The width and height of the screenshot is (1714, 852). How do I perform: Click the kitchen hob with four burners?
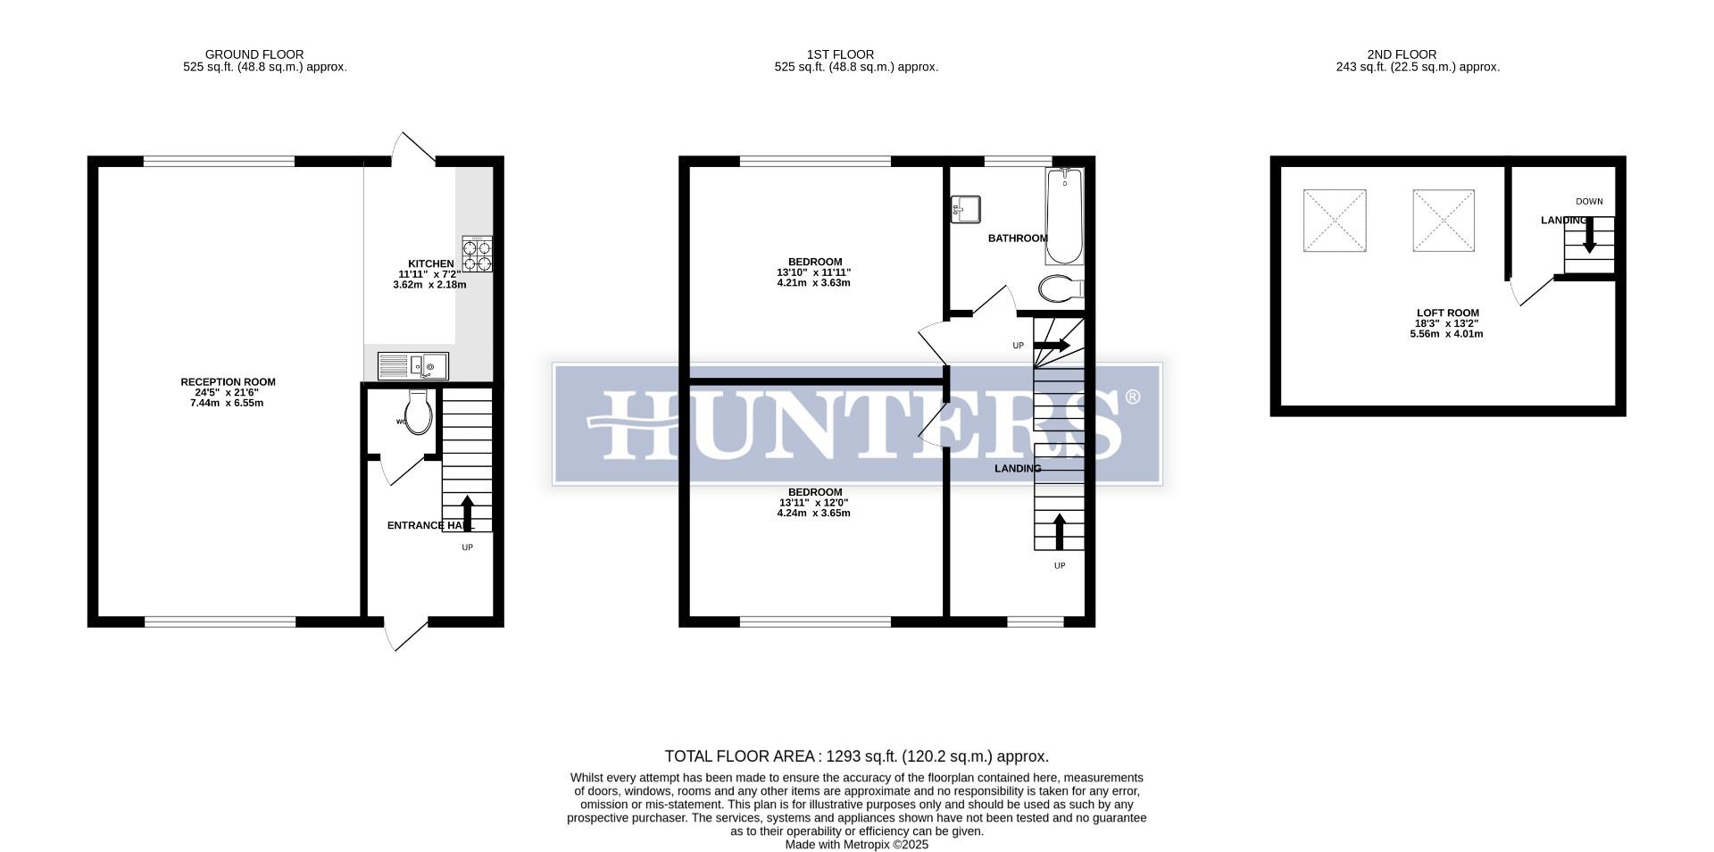[x=477, y=254]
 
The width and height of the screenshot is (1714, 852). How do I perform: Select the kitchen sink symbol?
[x=413, y=366]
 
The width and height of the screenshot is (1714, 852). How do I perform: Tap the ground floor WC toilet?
[x=418, y=413]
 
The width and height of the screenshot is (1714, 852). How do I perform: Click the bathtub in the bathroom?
[x=1063, y=216]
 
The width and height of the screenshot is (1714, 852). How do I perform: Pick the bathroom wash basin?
[x=965, y=209]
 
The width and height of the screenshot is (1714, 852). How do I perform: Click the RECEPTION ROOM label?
[x=228, y=382]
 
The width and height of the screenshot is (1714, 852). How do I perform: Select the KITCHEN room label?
[x=431, y=263]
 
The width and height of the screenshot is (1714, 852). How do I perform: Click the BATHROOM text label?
[x=1018, y=238]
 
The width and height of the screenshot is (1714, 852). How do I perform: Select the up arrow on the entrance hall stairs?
[x=467, y=514]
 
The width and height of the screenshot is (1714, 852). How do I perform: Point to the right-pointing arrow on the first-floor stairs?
[x=1052, y=345]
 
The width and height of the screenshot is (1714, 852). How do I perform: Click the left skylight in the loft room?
[x=1335, y=221]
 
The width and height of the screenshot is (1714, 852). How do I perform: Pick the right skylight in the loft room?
[x=1443, y=221]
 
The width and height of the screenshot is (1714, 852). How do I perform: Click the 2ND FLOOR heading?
[x=1402, y=54]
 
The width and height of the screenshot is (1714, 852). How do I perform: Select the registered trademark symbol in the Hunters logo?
[x=1132, y=397]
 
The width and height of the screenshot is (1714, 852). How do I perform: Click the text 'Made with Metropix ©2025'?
[x=856, y=844]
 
